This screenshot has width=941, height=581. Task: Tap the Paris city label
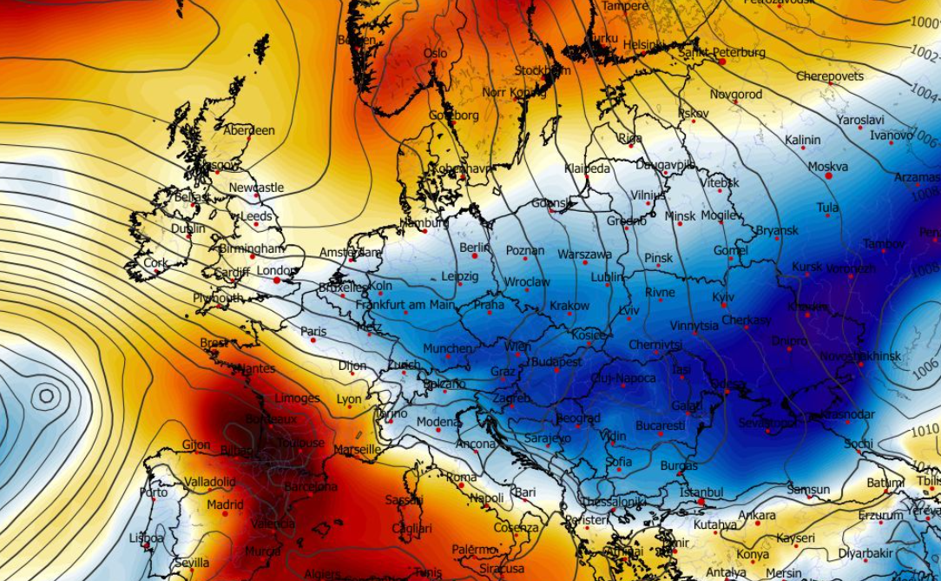coord(313,331)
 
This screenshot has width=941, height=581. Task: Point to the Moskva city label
coord(828,166)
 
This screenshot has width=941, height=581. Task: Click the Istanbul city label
coord(702,492)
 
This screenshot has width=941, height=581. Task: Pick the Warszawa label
coord(585,254)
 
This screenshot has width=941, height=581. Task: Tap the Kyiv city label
coord(723,297)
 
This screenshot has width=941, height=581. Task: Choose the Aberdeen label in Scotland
coord(249,130)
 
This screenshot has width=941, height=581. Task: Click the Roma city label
coord(462,477)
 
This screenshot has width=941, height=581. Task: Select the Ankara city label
coord(756,515)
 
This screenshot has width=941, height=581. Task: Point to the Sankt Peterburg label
coord(722,52)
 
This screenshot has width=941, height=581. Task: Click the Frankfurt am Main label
coord(405,305)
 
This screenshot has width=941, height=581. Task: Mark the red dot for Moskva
coord(828,176)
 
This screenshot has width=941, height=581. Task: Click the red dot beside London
coord(277,280)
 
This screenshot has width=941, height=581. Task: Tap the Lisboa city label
coord(146,538)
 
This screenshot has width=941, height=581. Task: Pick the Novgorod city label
coord(736,94)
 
